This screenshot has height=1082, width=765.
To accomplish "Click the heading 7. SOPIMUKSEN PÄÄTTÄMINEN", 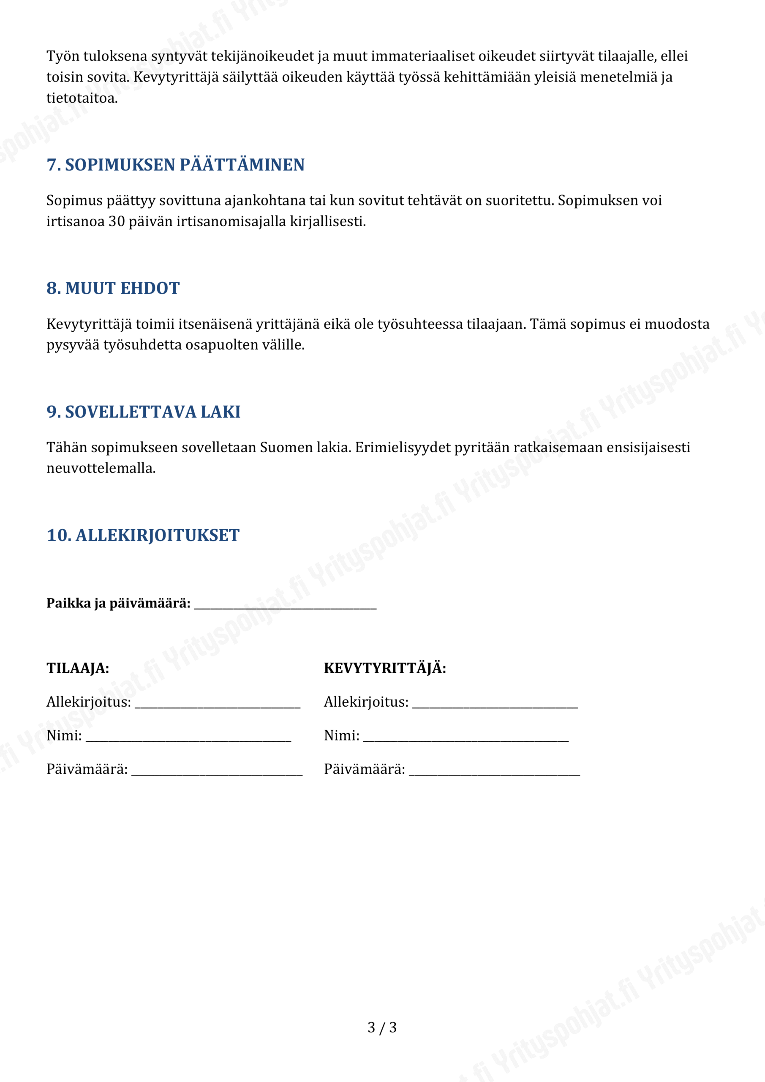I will click(175, 165).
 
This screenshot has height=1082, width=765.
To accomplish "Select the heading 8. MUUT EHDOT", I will click(113, 288).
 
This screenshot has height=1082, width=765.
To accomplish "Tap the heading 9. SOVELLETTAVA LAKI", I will click(143, 412).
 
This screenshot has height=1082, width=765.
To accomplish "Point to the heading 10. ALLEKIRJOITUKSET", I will click(143, 536).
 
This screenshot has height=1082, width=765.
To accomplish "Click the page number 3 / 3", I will click(382, 1027).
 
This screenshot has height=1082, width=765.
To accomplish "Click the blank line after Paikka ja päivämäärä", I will click(285, 605).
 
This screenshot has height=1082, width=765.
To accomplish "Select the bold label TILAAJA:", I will click(78, 668).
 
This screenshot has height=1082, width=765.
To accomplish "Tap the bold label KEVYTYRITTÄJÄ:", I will click(385, 668).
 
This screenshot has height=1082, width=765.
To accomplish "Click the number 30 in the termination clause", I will click(116, 221).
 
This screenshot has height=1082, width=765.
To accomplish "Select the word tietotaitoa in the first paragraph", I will click(81, 98).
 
